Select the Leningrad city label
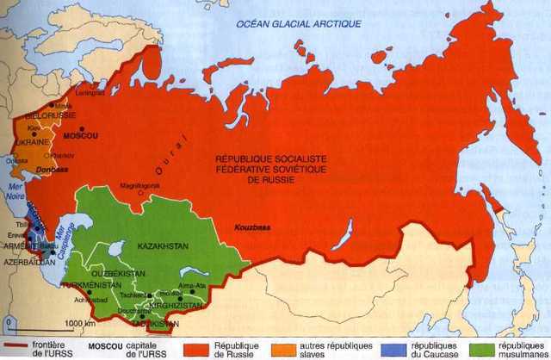[x=90, y=95]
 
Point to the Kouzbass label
[x=250, y=227]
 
